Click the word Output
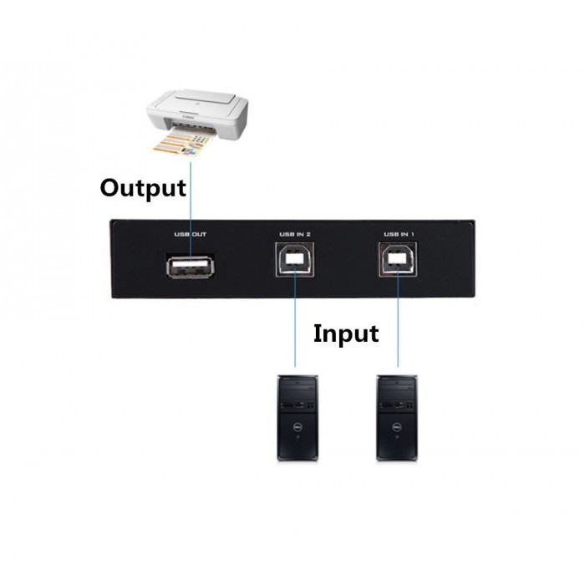point(143,188)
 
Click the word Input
point(346,333)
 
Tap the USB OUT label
point(191,234)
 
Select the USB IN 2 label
point(295,234)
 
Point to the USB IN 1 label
point(399,234)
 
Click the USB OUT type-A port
point(191,267)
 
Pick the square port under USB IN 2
point(295,259)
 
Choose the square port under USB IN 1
point(398,259)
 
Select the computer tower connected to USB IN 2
point(298,418)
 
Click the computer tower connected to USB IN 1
point(397,418)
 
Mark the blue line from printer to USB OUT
point(191,211)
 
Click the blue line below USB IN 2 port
point(295,316)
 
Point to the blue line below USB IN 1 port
point(398,316)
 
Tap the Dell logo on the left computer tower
point(298,425)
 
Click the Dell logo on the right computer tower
point(397,425)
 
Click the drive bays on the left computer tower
point(298,395)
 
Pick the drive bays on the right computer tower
point(397,395)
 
